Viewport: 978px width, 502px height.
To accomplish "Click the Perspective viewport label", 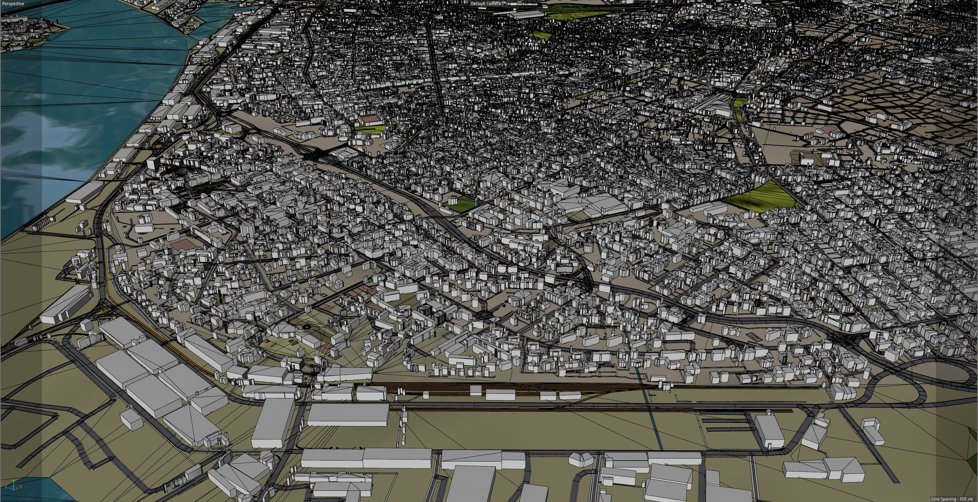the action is click(x=12, y=4).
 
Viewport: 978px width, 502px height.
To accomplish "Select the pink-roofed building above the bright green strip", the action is click(x=371, y=120).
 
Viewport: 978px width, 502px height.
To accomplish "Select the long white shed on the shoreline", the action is click(x=84, y=192).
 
